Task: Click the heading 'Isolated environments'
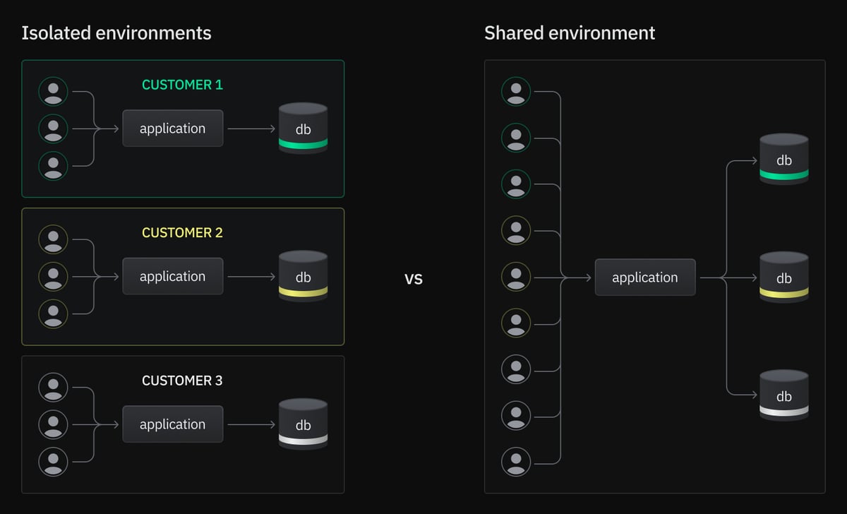pyautogui.click(x=116, y=33)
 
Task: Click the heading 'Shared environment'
pyautogui.click(x=570, y=33)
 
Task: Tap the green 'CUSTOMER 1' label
pyautogui.click(x=182, y=85)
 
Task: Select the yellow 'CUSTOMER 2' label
pyautogui.click(x=182, y=232)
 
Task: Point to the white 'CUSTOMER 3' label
pyautogui.click(x=182, y=381)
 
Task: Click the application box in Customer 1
pyautogui.click(x=173, y=128)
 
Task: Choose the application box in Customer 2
pyautogui.click(x=173, y=276)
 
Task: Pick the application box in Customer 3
pyautogui.click(x=173, y=424)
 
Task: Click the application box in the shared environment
pyautogui.click(x=645, y=277)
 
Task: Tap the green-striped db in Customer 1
pyautogui.click(x=303, y=128)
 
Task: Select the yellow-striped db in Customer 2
pyautogui.click(x=303, y=276)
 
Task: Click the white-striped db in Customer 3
pyautogui.click(x=303, y=424)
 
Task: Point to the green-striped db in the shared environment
pyautogui.click(x=784, y=159)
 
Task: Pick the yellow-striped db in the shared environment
pyautogui.click(x=784, y=277)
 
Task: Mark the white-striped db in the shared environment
pyautogui.click(x=784, y=395)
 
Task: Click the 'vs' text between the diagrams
pyautogui.click(x=414, y=279)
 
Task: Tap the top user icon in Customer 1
pyautogui.click(x=53, y=92)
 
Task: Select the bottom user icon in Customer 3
pyautogui.click(x=53, y=461)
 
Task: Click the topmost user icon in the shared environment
pyautogui.click(x=516, y=92)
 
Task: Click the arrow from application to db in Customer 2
pyautogui.click(x=251, y=277)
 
